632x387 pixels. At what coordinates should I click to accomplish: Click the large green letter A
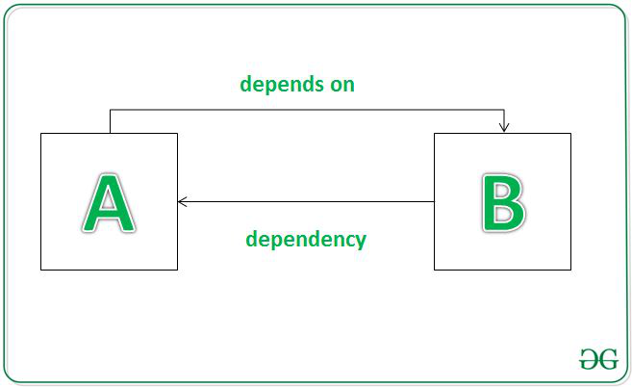pyautogui.click(x=109, y=203)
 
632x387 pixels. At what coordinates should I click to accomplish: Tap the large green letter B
pyautogui.click(x=503, y=203)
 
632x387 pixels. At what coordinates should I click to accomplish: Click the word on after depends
pyautogui.click(x=342, y=86)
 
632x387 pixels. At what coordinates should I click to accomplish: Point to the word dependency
pyautogui.click(x=306, y=240)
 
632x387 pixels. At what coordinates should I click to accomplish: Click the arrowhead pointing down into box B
pyautogui.click(x=504, y=127)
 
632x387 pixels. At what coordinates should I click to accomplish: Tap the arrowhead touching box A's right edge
pyautogui.click(x=183, y=201)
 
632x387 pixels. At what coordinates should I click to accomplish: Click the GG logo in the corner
pyautogui.click(x=598, y=359)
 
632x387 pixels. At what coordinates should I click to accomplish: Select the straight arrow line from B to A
pyautogui.click(x=306, y=201)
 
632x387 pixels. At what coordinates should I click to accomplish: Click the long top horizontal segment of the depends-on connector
pyautogui.click(x=307, y=110)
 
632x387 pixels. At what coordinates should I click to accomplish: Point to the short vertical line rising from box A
pyautogui.click(x=110, y=121)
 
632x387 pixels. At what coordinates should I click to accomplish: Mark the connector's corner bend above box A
pyautogui.click(x=110, y=110)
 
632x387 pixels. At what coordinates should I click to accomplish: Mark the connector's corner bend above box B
pyautogui.click(x=504, y=110)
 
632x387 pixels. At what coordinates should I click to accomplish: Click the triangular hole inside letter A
pyautogui.click(x=108, y=202)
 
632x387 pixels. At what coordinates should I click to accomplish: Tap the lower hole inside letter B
pyautogui.click(x=502, y=215)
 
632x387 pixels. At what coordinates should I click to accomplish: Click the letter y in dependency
pyautogui.click(x=360, y=242)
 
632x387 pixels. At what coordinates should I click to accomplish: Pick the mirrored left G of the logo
pyautogui.click(x=589, y=359)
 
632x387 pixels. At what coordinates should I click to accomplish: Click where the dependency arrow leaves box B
pyautogui.click(x=434, y=201)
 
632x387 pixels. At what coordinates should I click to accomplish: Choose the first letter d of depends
pyautogui.click(x=246, y=84)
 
